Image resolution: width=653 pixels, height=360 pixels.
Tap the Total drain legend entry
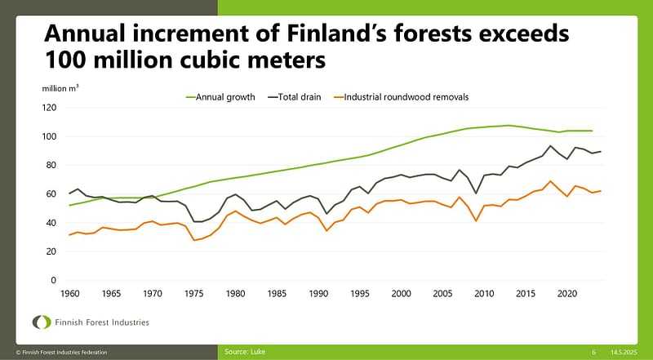(x=299, y=96)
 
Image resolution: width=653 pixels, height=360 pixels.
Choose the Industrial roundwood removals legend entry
(x=406, y=96)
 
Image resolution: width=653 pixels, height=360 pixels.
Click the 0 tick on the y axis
(x=54, y=280)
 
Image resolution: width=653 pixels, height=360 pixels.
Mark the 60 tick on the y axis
(x=51, y=194)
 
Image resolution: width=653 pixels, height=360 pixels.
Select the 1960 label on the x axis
(x=69, y=293)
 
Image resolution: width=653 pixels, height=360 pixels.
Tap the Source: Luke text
(x=244, y=352)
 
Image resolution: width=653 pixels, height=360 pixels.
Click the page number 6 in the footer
(x=593, y=352)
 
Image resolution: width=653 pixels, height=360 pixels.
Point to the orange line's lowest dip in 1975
(x=194, y=240)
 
